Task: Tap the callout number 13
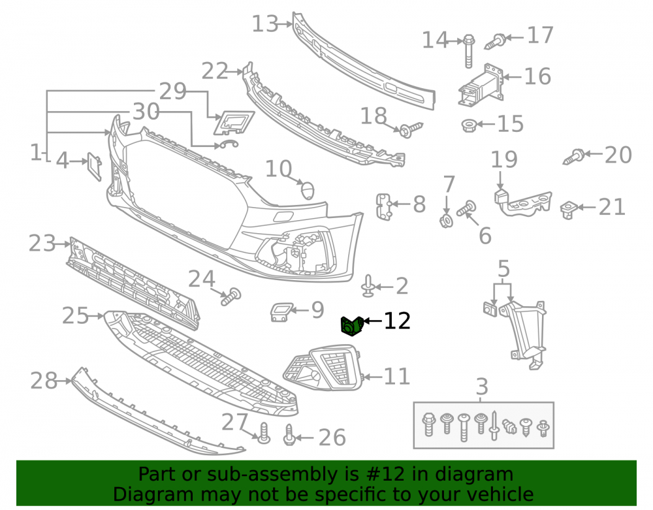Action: [x=265, y=24]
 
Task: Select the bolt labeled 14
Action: [x=468, y=51]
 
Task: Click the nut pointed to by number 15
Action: [x=469, y=125]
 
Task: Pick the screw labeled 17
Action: [x=495, y=42]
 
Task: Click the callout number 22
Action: [x=215, y=71]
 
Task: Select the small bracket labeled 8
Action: [x=383, y=206]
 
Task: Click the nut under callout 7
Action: [x=446, y=221]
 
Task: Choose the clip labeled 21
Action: [x=567, y=210]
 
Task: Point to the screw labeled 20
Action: [x=574, y=157]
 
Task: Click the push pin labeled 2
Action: [x=368, y=286]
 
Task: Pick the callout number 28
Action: [x=44, y=381]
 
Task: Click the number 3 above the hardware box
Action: [x=482, y=387]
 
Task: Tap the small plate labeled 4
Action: [x=94, y=167]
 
